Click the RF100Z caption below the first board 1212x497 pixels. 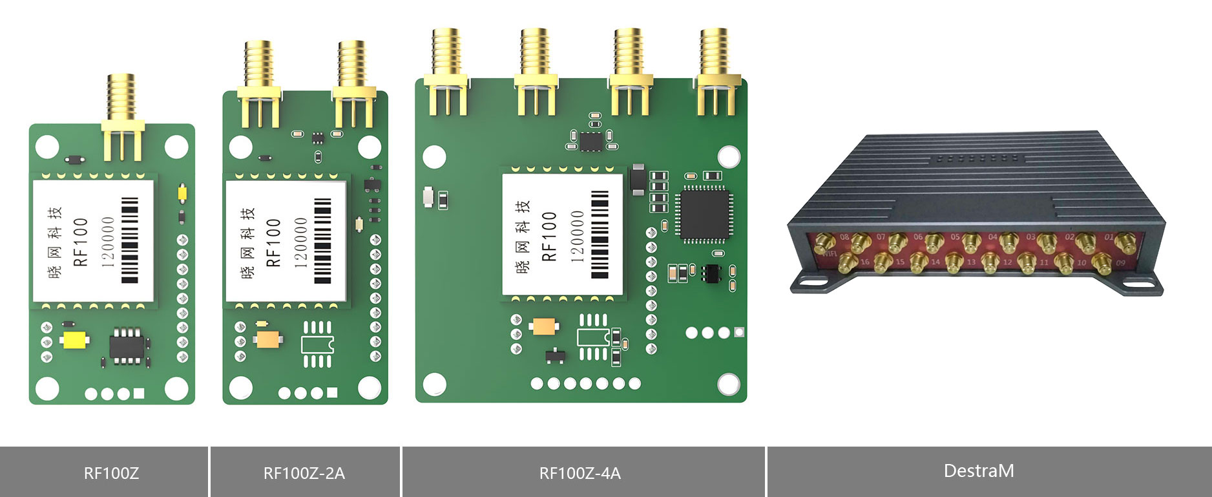click(111, 473)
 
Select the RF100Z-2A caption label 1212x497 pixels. click(304, 473)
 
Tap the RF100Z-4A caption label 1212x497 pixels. click(580, 473)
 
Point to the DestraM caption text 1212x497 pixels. click(978, 471)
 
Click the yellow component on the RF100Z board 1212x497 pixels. click(75, 340)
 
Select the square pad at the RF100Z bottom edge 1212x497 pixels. click(139, 393)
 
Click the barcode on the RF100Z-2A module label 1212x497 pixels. click(322, 240)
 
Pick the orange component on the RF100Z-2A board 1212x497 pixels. click(268, 339)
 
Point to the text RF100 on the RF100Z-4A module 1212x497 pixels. click(549, 236)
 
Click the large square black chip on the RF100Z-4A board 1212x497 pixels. click(704, 215)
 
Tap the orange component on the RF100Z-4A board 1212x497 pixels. click(544, 326)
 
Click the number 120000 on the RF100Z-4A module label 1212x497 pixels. click(577, 236)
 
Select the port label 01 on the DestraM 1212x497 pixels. click(1109, 237)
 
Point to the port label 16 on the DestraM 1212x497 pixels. click(864, 262)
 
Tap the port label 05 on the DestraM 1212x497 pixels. click(955, 237)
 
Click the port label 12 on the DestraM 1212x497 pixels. click(1007, 262)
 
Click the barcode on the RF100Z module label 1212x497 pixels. click(130, 240)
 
